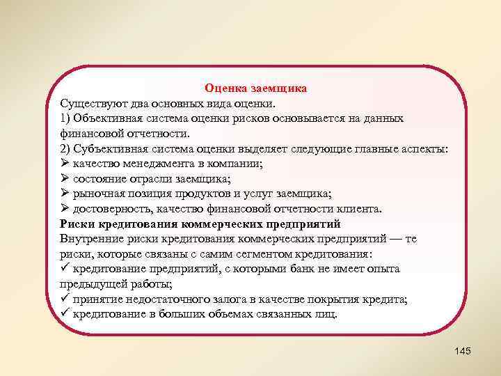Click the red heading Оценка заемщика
point(255,89)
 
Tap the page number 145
point(461,350)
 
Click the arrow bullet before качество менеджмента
point(65,164)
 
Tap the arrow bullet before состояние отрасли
point(65,179)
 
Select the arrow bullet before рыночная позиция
point(65,194)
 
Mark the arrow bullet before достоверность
point(65,209)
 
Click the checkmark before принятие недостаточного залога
point(65,299)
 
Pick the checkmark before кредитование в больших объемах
point(65,313)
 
